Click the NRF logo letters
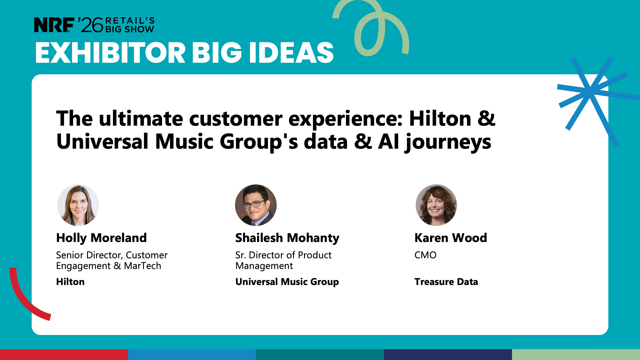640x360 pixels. pos(54,25)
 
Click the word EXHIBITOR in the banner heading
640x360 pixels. pos(110,53)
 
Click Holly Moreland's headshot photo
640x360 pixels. pos(78,205)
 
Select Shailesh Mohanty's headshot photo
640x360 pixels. pos(256,205)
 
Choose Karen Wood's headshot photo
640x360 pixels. pos(436,205)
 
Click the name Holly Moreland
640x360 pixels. pos(101,238)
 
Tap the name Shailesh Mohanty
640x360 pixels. pos(287,238)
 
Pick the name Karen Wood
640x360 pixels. pos(451,238)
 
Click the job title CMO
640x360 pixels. pos(425,255)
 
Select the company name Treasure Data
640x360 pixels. pos(446,282)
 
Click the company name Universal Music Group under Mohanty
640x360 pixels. pos(287,282)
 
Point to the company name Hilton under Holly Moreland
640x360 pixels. pos(70,282)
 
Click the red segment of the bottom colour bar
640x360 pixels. pos(64,355)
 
